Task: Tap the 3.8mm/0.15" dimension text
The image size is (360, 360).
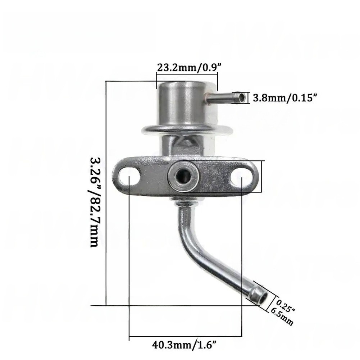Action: (x=285, y=98)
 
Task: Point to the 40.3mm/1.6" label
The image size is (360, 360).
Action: (x=184, y=345)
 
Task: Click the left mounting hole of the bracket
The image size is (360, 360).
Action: (x=129, y=177)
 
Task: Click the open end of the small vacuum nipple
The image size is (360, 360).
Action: (x=242, y=98)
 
